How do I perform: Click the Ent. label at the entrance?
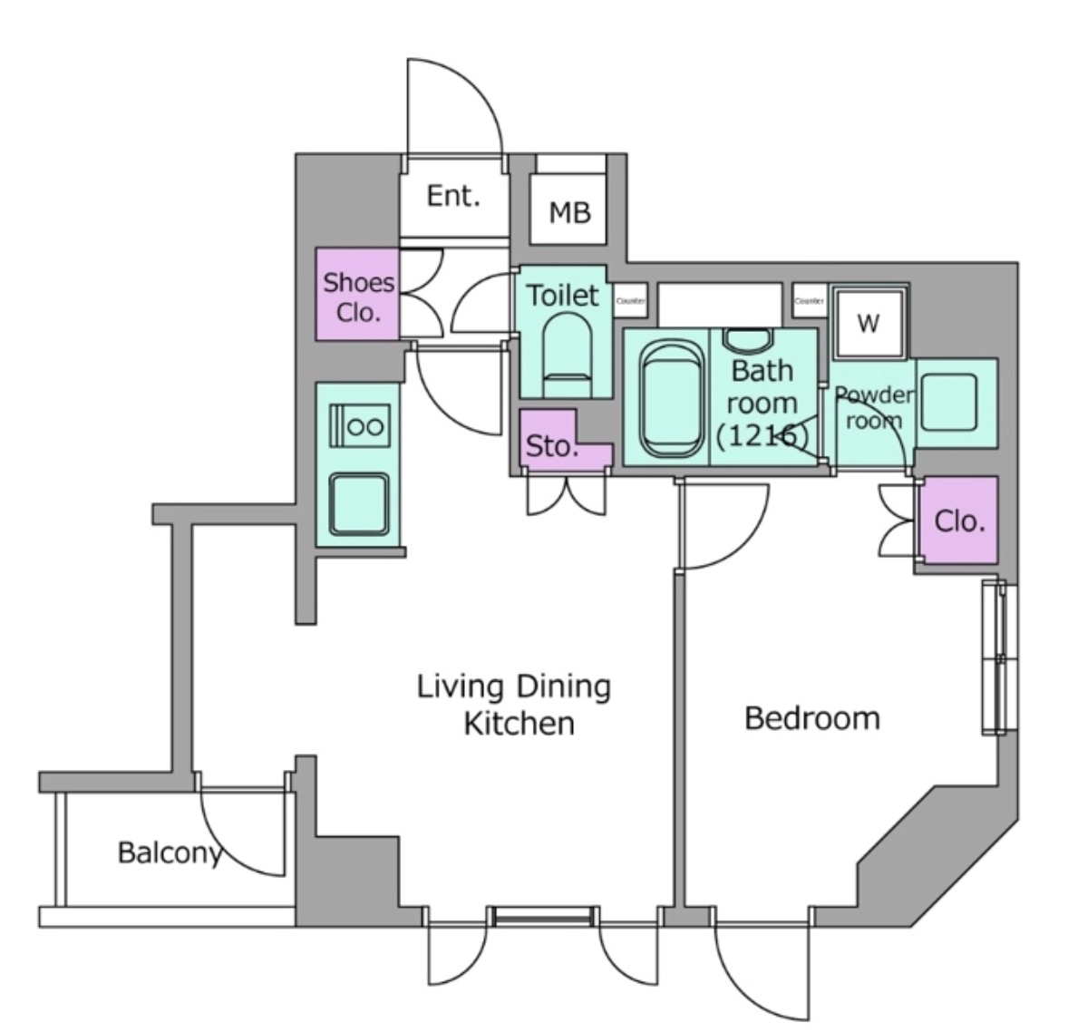pos(452,196)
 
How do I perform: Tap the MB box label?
pos(569,212)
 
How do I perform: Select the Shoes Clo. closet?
pos(358,296)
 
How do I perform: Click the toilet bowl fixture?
pos(567,350)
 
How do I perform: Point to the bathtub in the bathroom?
pos(670,400)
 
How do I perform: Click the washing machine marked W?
pos(868,323)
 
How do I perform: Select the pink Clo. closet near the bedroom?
pos(959,521)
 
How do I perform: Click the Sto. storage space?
pos(551,446)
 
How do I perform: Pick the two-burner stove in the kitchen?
pos(359,425)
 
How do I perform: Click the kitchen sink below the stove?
pos(359,503)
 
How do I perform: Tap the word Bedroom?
pos(811,718)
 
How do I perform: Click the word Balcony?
pos(170,852)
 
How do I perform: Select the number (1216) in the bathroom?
pos(762,435)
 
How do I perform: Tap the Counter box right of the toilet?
pos(630,300)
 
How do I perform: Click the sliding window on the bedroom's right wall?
pos(1000,658)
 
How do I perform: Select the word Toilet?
pos(563,295)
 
